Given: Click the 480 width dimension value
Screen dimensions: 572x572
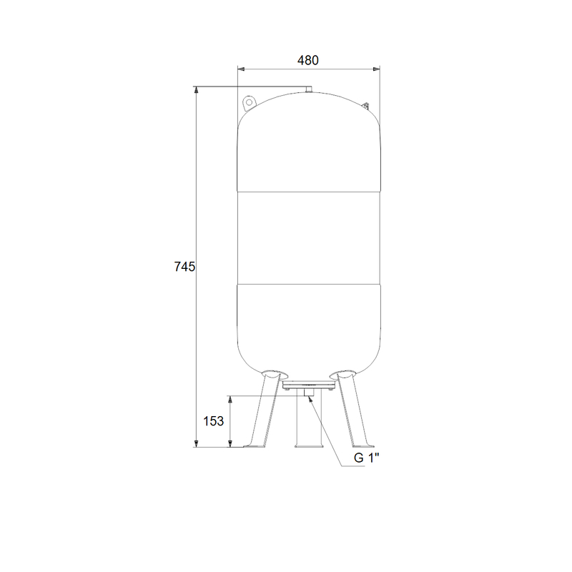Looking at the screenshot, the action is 308,60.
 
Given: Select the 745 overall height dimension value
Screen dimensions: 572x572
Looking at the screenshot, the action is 184,267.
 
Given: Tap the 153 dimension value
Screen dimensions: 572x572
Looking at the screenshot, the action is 213,421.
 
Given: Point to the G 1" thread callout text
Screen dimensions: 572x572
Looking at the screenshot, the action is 367,458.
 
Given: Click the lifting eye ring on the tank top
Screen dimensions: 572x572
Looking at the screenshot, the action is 249,102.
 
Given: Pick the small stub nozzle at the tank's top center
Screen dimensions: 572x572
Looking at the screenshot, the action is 309,89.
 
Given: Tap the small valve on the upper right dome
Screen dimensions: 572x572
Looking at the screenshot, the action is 365,105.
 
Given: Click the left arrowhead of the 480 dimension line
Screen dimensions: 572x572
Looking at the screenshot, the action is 241,69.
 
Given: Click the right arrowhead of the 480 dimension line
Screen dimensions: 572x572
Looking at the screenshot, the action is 376,69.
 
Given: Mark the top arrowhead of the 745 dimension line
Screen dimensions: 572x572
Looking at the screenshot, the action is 196,90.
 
